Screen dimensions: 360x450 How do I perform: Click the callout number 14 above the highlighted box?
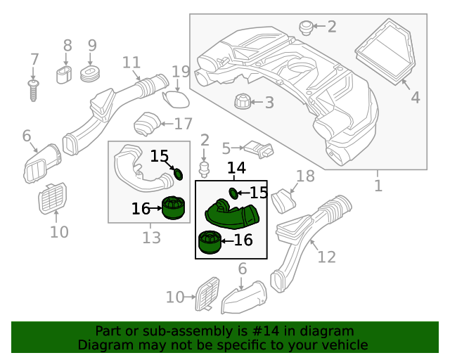point(236,168)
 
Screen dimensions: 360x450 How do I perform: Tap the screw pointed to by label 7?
point(33,90)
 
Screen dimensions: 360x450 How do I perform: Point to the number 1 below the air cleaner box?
point(378,186)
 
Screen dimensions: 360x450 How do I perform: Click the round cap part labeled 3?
point(243,104)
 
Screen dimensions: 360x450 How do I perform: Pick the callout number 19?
point(181,72)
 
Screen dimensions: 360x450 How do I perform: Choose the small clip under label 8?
point(65,75)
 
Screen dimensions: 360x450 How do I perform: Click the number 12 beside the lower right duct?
point(327,257)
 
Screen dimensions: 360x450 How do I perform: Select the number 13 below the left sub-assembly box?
point(151,238)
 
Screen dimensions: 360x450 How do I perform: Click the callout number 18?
point(306,176)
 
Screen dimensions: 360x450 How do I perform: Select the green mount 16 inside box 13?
point(173,209)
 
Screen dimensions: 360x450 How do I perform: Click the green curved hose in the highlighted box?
point(232,213)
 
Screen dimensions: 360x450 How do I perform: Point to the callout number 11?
point(131,63)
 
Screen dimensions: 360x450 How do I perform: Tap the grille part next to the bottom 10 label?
point(209,293)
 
